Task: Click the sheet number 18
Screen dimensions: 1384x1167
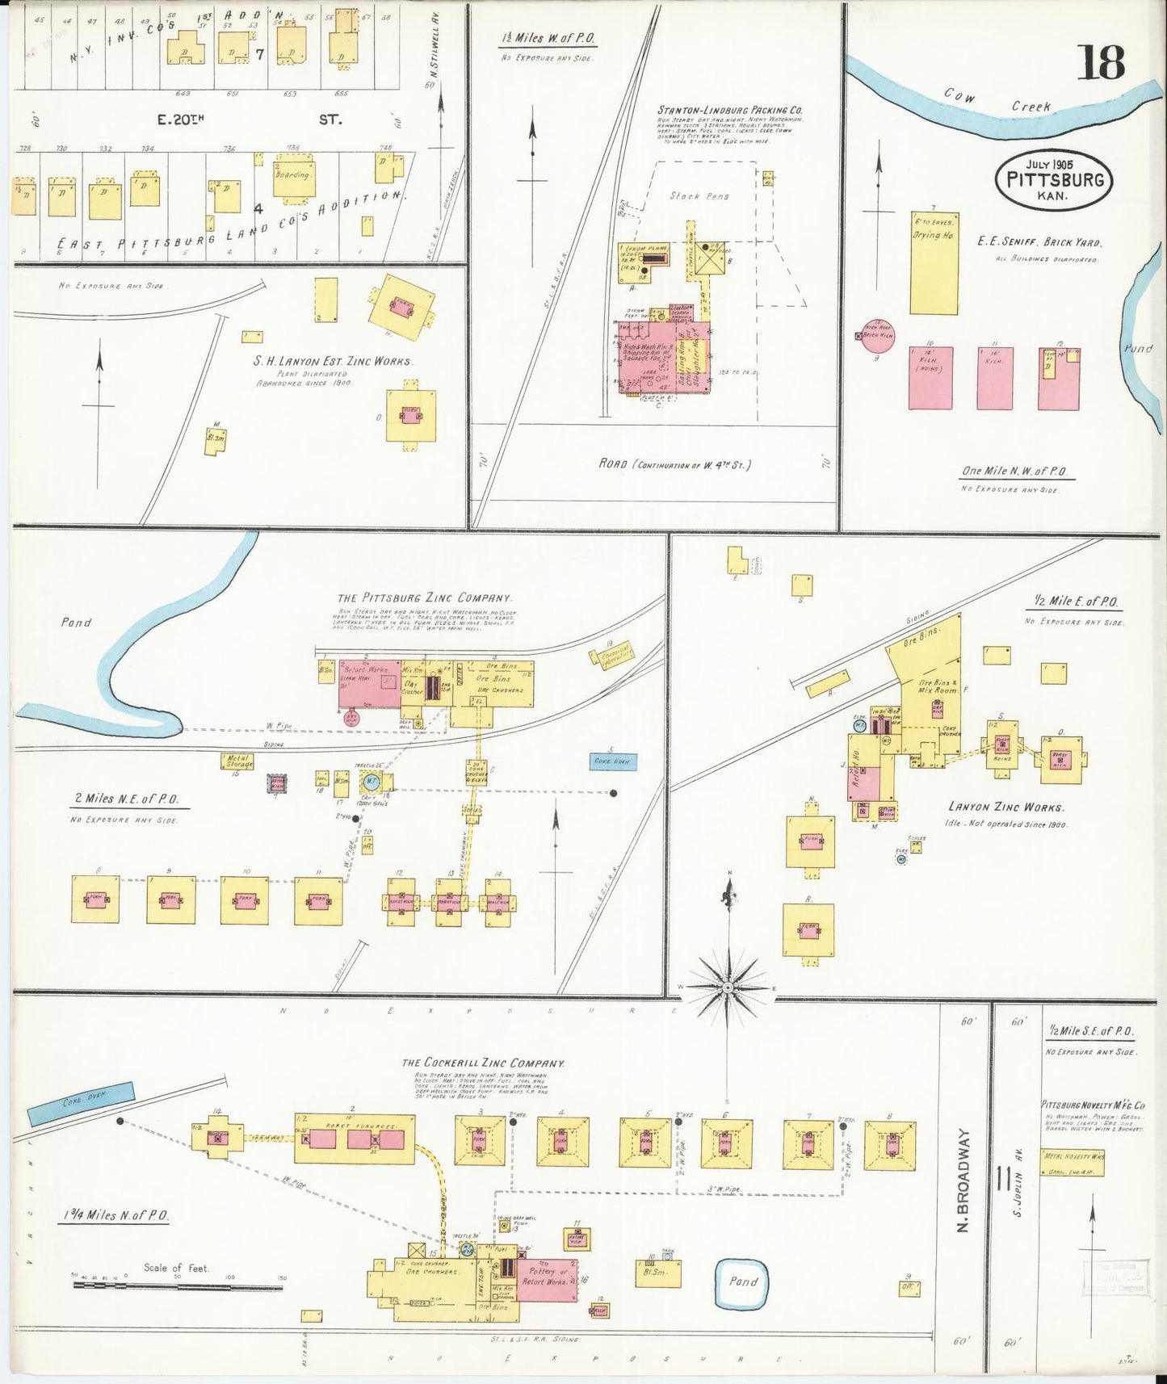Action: tap(1100, 63)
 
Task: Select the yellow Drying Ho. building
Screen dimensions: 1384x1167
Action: tap(934, 263)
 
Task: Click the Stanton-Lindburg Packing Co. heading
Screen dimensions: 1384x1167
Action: tap(729, 110)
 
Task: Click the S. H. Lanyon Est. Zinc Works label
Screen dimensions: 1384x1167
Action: tap(332, 361)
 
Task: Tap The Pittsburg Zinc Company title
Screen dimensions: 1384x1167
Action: tap(424, 598)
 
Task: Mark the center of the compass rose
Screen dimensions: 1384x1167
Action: tap(728, 988)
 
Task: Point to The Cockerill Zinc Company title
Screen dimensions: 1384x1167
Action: tap(482, 1063)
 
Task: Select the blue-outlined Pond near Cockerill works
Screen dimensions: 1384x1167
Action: tap(742, 1282)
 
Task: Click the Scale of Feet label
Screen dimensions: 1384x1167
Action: tap(175, 1268)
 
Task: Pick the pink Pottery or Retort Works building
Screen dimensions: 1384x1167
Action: tap(547, 1277)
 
